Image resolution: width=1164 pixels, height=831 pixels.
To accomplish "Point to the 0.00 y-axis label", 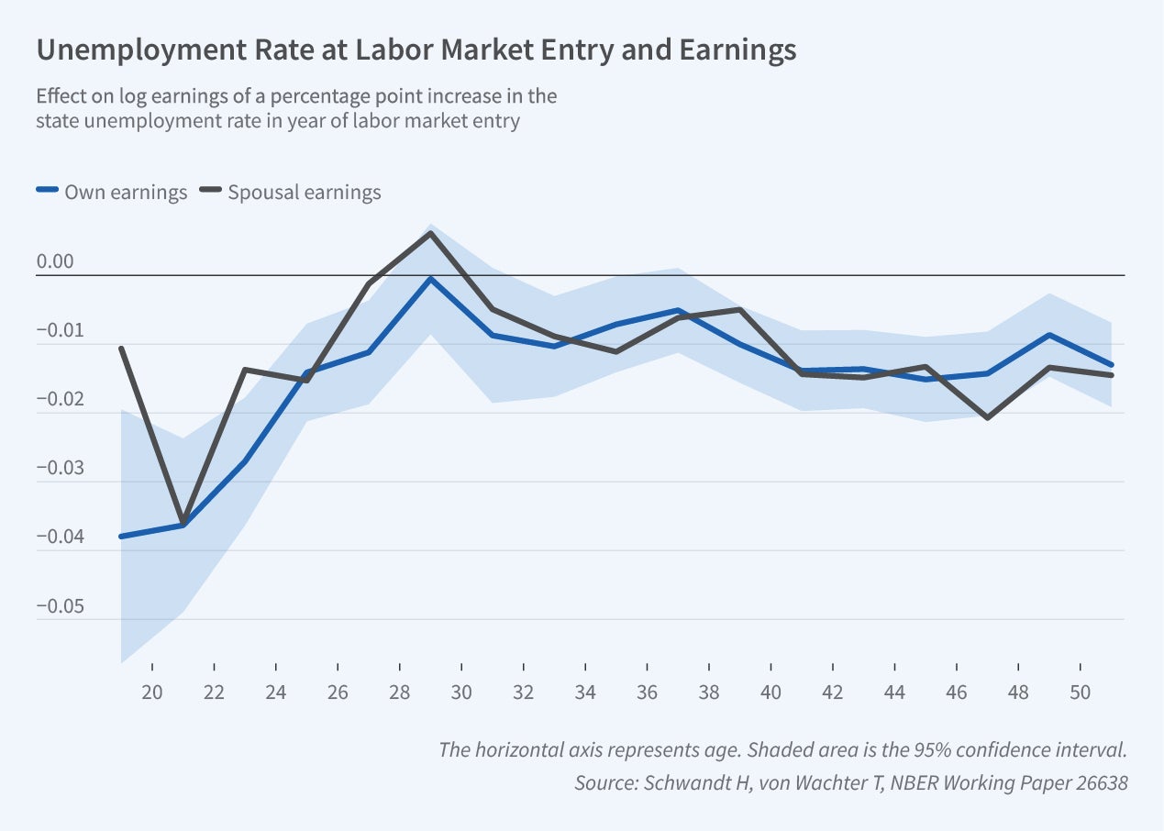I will coord(54,262).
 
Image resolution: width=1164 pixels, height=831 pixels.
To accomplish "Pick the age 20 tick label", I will coord(151,693).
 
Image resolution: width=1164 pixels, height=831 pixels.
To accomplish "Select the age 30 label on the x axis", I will coord(461,693).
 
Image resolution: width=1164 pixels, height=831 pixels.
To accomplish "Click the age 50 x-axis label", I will coord(1081,693).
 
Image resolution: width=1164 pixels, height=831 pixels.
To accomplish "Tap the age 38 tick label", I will coord(709,693).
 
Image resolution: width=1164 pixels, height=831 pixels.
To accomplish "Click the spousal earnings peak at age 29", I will coord(430,233).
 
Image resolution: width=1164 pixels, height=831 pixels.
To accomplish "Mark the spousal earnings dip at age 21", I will coord(183,523).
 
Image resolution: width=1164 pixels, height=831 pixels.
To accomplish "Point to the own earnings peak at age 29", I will coord(430,278).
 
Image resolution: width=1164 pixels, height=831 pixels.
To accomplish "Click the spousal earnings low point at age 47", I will coord(987,418).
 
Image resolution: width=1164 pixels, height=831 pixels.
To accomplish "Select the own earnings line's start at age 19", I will coord(121,537).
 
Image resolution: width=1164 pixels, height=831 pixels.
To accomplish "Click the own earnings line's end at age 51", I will coord(1112,365).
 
